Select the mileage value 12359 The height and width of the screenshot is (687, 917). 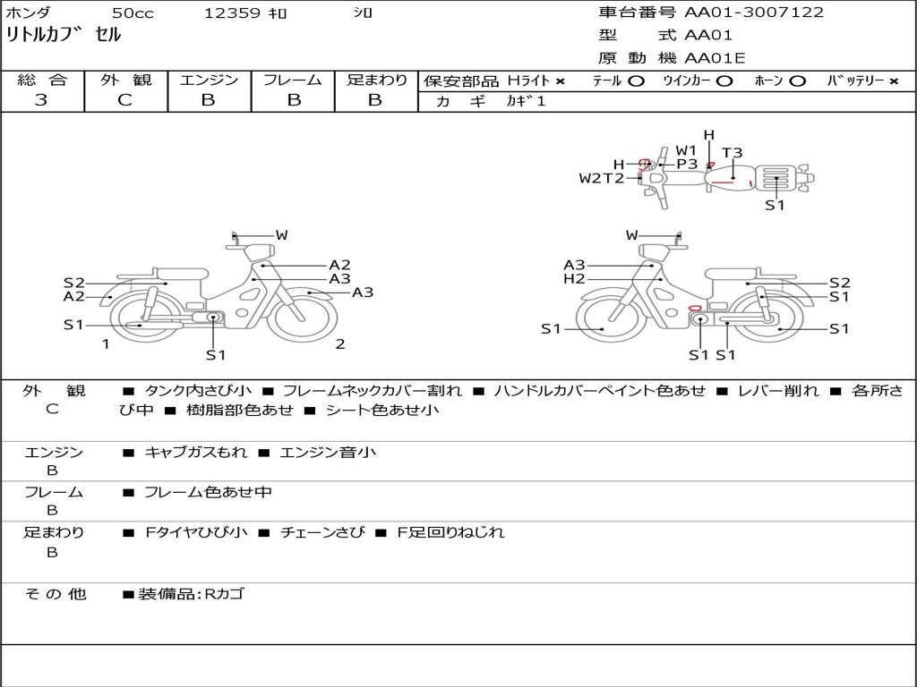click(232, 13)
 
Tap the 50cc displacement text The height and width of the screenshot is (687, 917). click(133, 13)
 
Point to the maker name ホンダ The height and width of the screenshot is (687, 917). click(29, 13)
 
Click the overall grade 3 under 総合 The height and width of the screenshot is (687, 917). click(41, 100)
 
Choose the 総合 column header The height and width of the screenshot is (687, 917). click(41, 80)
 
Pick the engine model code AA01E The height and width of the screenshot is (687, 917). click(715, 59)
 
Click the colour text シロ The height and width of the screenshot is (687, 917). click(362, 13)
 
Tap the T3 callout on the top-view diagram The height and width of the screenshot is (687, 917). click(732, 153)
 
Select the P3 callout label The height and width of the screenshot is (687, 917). click(687, 164)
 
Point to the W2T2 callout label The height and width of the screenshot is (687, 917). click(601, 178)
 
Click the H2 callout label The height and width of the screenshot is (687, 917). click(574, 279)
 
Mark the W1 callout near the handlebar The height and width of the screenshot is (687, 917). click(686, 150)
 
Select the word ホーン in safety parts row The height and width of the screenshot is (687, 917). click(768, 81)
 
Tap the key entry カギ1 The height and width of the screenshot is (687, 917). click(526, 101)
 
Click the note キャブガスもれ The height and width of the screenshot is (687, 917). click(196, 453)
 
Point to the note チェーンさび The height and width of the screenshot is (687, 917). click(322, 532)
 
